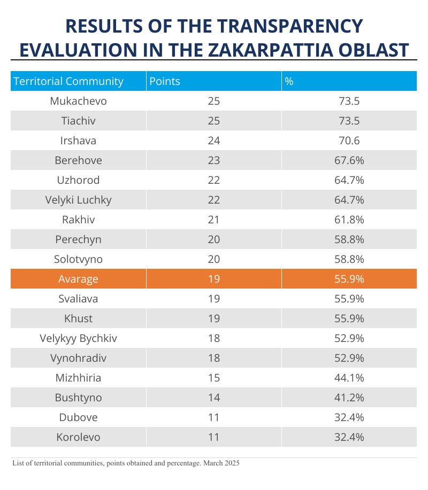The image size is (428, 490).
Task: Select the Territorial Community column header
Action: (x=68, y=81)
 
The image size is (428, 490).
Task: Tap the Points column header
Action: (x=165, y=81)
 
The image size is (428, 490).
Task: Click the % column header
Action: (x=289, y=81)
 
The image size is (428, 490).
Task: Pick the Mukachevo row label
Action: (x=78, y=101)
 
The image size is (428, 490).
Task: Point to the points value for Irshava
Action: (x=214, y=141)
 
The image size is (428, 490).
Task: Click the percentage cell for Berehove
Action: (x=349, y=160)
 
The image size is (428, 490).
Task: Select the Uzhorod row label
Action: (x=78, y=180)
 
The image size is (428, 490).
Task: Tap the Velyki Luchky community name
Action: (x=78, y=200)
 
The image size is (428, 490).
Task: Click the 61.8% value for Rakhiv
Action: (x=349, y=220)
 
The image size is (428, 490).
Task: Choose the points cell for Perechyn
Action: (x=214, y=239)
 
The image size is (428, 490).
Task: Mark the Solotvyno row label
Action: (x=78, y=259)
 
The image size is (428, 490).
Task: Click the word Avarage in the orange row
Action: (x=78, y=279)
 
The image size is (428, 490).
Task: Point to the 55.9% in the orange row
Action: (x=349, y=279)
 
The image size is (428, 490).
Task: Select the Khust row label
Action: (x=78, y=318)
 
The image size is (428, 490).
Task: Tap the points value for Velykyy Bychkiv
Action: (x=214, y=338)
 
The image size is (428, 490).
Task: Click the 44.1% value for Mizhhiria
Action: (x=349, y=378)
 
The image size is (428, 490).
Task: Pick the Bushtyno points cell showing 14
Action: (x=214, y=398)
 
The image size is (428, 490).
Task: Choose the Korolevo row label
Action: (x=78, y=437)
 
